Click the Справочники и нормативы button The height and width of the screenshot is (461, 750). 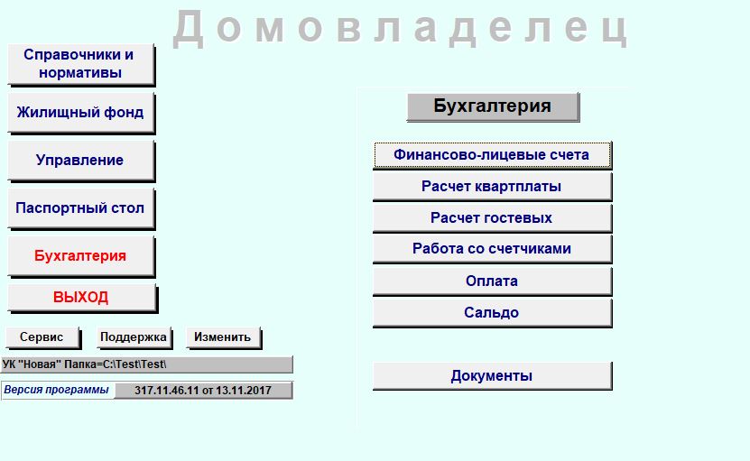81,64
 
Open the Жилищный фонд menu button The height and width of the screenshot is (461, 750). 81,113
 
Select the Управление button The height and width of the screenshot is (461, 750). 81,161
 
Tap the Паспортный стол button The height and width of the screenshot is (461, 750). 81,208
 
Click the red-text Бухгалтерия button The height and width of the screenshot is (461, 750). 81,256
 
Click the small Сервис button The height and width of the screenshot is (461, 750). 43,337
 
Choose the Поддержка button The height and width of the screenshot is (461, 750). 134,337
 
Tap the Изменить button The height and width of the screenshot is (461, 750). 223,337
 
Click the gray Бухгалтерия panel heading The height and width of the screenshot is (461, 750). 493,106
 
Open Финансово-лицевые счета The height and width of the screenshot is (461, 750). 492,155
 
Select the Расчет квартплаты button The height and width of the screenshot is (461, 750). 492,187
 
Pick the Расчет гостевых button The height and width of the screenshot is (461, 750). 492,218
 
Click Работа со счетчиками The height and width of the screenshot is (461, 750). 492,249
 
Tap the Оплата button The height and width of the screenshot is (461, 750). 492,281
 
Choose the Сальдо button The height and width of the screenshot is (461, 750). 492,313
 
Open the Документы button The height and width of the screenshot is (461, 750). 492,376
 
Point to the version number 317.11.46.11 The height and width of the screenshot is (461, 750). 166,391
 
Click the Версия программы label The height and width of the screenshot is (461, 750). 57,390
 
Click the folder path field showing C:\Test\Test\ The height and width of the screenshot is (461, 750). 146,364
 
